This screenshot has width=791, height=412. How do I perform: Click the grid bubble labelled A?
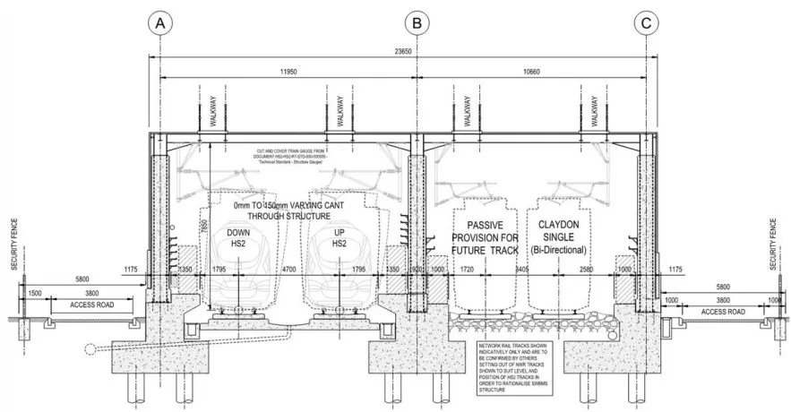coord(159,23)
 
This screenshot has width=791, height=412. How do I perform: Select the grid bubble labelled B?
coord(417,23)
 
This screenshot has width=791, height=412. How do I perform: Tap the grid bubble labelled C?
coord(647,23)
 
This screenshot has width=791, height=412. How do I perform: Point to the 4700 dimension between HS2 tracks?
coord(289,268)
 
